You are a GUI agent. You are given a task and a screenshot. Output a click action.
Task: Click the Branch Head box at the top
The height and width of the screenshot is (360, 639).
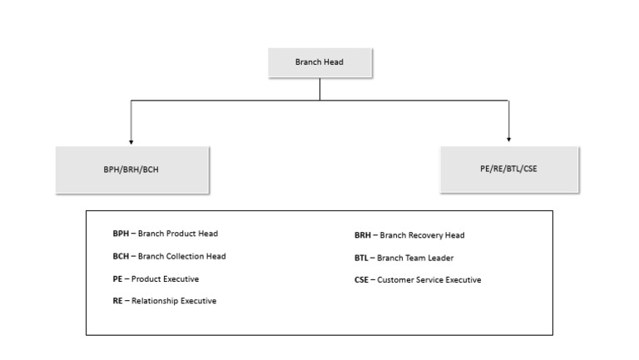pos(319,62)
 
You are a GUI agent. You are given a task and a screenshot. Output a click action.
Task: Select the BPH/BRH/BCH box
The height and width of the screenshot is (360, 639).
pos(132,170)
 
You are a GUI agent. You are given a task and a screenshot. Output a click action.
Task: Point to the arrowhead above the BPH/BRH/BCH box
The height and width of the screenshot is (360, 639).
pos(131,141)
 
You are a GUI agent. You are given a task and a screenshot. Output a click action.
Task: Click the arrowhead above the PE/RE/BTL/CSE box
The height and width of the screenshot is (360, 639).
pos(508,139)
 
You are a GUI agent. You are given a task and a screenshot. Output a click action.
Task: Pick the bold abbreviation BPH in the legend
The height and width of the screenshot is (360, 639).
pos(121,234)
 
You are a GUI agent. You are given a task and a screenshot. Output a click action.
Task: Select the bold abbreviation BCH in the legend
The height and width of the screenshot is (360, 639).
pos(121,256)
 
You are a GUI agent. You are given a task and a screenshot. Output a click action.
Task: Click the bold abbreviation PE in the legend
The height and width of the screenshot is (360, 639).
pos(118,279)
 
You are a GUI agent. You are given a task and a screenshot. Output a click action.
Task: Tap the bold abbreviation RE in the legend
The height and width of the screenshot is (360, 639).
pos(118,301)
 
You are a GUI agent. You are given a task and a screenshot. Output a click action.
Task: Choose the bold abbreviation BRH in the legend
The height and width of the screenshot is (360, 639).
pos(363,235)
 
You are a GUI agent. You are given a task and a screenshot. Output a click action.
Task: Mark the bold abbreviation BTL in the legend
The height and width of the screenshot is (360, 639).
pos(362,258)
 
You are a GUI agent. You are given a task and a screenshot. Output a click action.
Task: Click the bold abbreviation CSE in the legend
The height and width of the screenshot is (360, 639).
pos(362,280)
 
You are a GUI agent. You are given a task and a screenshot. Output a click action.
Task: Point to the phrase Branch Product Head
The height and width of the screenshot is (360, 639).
pos(178,234)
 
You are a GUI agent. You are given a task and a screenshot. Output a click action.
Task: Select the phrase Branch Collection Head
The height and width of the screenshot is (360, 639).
pos(181,256)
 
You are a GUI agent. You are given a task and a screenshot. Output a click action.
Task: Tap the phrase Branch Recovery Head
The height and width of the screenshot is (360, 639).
pos(421,235)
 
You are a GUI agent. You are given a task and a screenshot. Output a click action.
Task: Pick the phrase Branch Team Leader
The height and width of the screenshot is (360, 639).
pos(415,258)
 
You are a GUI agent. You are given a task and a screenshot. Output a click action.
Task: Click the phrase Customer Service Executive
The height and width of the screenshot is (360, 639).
pos(429,280)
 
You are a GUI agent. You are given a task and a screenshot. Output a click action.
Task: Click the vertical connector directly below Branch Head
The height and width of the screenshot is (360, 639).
pos(319,88)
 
